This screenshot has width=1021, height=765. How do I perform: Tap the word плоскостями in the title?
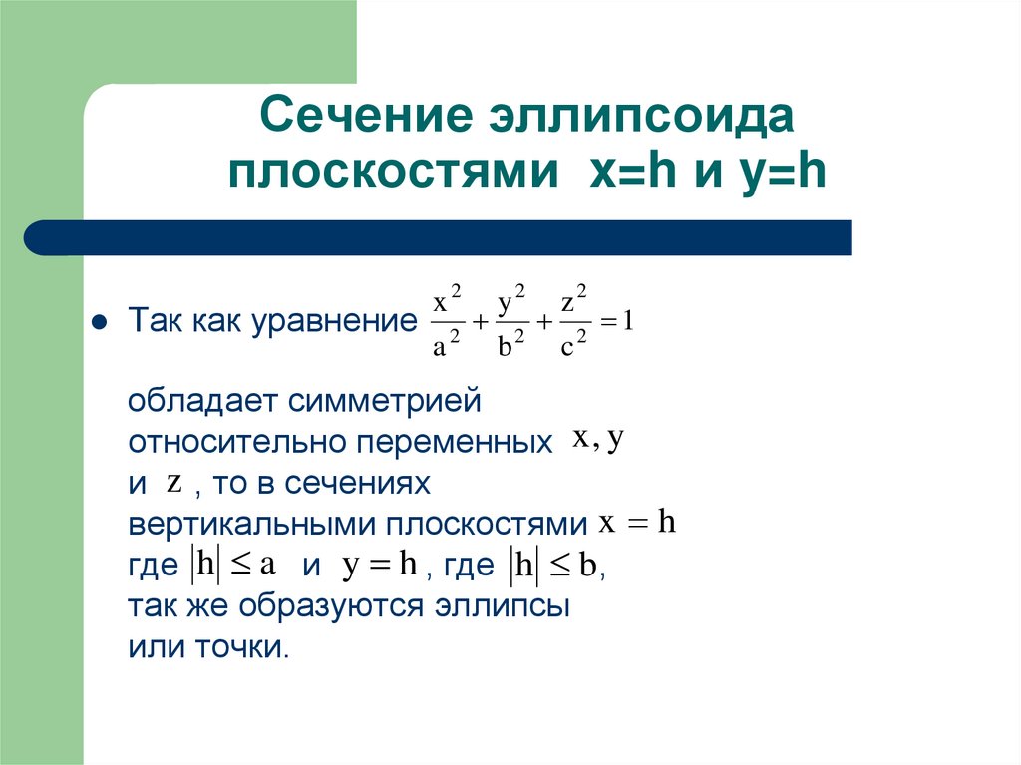click(392, 173)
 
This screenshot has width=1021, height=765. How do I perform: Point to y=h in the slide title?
click(787, 173)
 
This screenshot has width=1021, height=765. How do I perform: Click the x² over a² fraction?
click(447, 322)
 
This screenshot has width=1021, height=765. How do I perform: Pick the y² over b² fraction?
click(510, 322)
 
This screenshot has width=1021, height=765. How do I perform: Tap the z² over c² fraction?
click(572, 322)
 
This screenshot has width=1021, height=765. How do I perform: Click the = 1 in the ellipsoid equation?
click(618, 322)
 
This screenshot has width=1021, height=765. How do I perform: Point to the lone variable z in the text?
click(173, 483)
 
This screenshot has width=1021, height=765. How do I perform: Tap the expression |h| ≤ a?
click(232, 565)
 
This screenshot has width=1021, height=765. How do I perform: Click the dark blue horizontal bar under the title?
click(439, 238)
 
